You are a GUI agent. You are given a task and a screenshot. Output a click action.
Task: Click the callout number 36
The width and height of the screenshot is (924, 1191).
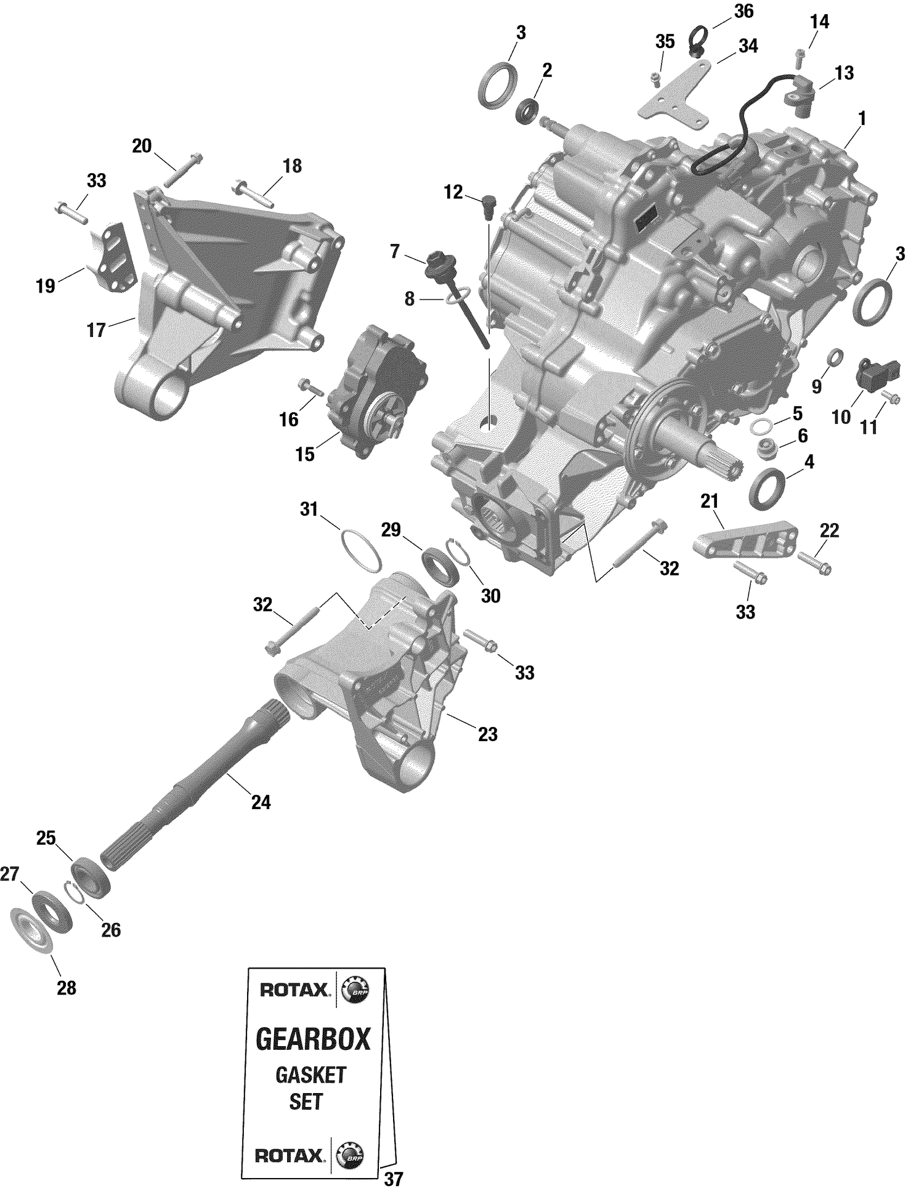point(744,11)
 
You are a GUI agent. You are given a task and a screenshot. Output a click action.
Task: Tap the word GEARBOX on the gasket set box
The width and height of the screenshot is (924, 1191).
point(313,1039)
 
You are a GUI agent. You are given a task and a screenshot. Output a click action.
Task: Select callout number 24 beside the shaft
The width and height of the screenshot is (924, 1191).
point(261,802)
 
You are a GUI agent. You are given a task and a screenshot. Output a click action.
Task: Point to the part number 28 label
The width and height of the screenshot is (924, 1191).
point(67,988)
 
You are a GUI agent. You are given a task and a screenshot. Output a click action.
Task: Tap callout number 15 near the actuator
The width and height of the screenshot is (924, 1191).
point(304,454)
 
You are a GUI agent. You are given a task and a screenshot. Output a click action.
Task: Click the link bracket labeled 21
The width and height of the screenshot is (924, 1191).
point(745,540)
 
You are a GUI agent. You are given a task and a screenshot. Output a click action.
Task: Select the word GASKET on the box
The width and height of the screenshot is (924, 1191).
point(310,1075)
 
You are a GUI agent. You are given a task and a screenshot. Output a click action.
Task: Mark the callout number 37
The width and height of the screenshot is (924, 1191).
point(393,1179)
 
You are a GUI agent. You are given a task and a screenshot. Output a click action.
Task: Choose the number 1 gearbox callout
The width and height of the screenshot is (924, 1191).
point(861,118)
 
